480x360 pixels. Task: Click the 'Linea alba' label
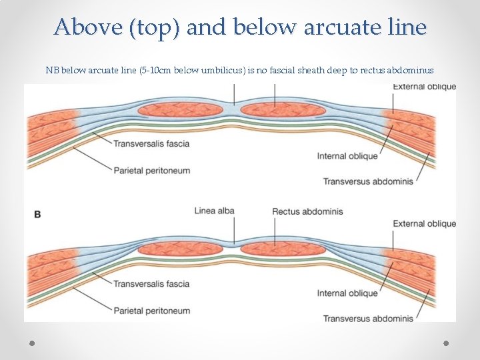point(214,211)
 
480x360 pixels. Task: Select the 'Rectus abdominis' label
point(307,211)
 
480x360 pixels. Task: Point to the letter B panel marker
point(37,214)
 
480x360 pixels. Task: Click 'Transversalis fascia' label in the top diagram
point(151,143)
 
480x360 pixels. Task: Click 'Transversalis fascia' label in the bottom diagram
point(151,284)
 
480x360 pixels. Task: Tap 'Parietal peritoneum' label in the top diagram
point(151,170)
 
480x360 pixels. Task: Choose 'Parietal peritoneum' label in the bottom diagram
point(151,311)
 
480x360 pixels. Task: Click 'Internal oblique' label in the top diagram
point(347,156)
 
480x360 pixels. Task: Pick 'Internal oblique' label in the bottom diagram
point(347,293)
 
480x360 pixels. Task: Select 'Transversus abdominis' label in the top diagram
point(368,181)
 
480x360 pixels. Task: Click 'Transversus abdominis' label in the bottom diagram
point(368,319)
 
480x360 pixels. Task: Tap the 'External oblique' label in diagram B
point(424,224)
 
